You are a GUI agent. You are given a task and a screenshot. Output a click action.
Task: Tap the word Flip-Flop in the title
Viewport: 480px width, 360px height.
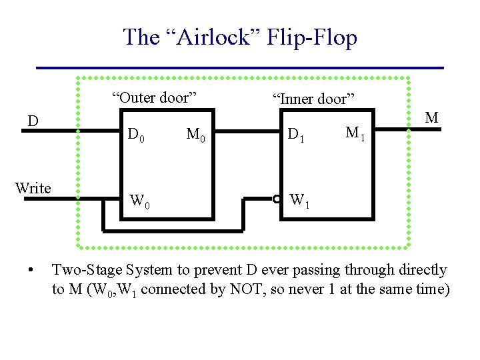(312, 37)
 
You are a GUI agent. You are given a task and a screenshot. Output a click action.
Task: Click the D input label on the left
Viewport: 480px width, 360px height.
(32, 121)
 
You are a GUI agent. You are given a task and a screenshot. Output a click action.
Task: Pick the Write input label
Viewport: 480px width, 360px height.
(33, 188)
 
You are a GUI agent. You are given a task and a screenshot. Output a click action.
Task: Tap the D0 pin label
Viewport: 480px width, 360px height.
(137, 137)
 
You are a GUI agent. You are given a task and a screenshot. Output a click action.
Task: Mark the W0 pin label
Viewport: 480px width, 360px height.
(139, 200)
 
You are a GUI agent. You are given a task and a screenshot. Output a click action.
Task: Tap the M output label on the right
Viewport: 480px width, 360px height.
(432, 118)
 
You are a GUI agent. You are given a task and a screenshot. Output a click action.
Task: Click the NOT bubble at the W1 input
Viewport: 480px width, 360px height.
(276, 198)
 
